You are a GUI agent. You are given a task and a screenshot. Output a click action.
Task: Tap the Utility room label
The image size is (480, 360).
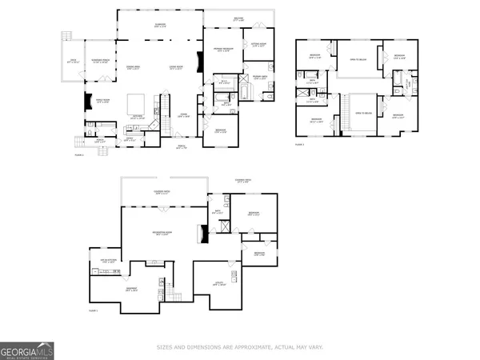coord(218,285)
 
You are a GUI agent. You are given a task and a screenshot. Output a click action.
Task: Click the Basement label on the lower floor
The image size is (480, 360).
coord(131,289)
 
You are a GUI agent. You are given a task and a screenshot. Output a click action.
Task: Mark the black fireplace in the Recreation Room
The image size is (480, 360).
coord(204,234)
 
